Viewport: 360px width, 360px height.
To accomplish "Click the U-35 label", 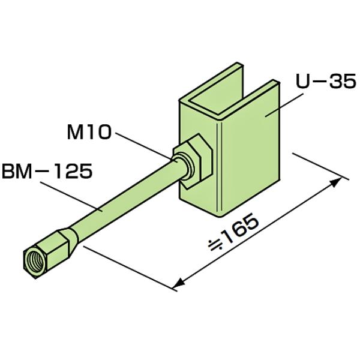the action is click(326, 82).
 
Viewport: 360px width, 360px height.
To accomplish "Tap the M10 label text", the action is click(89, 133).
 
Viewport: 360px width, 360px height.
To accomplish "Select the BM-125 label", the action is click(47, 171).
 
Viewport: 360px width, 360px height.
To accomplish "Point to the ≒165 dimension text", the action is click(233, 232).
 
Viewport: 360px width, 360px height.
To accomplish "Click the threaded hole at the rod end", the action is click(34, 260).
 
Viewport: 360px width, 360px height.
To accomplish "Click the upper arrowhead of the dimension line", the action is click(335, 183).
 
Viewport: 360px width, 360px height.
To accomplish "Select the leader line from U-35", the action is click(284, 104).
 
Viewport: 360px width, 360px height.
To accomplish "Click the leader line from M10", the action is click(146, 147).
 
